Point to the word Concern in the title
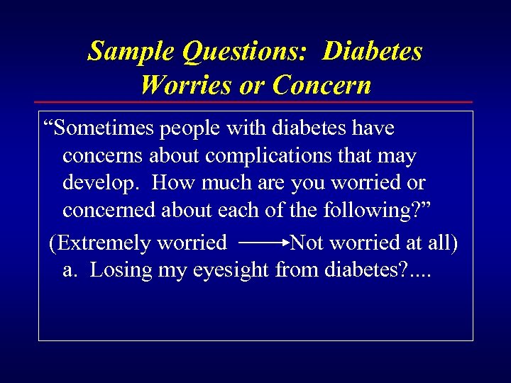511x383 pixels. tap(322, 85)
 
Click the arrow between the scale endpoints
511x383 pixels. tap(265, 243)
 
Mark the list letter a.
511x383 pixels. tap(70, 270)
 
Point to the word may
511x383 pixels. tap(397, 155)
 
